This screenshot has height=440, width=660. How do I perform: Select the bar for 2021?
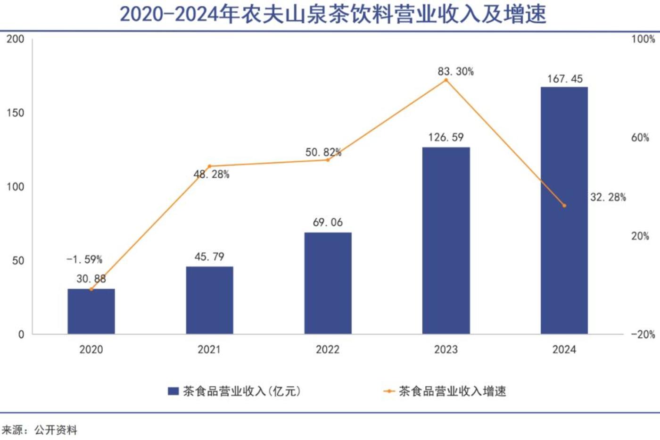coord(209,300)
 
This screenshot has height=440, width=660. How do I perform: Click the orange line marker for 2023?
coord(446,80)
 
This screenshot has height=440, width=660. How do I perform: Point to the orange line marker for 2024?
coord(564,206)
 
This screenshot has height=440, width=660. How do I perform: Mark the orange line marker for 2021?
coord(209,166)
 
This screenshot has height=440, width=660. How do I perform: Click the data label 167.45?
coord(565,79)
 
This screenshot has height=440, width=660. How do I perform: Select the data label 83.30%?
coord(455,71)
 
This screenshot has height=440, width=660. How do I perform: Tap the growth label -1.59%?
coord(84,259)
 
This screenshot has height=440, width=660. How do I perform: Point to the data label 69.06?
coord(328,222)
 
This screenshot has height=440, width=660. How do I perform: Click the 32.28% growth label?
coord(608,197)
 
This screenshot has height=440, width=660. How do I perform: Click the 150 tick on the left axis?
coord(15,113)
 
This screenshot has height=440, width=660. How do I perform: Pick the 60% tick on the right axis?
coord(640,137)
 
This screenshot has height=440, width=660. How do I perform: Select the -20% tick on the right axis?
coord(643,334)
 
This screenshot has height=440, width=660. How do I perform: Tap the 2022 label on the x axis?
coord(328,349)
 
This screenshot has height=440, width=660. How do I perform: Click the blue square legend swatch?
coord(173,391)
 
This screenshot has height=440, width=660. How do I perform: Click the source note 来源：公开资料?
coord(40,430)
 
